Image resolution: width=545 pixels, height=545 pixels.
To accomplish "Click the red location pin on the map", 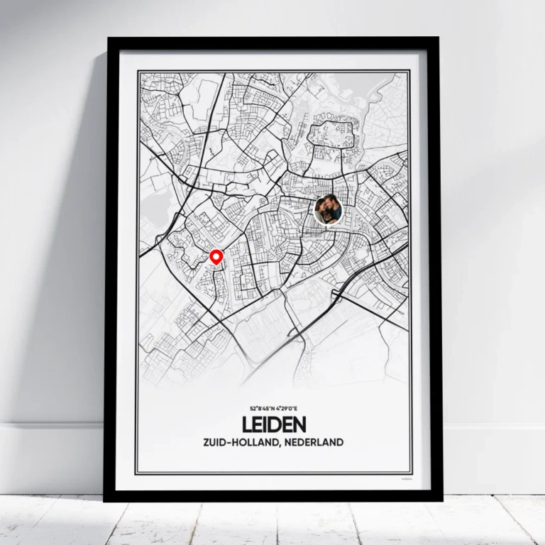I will (216, 257).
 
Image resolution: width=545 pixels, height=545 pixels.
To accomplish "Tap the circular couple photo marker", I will (328, 210).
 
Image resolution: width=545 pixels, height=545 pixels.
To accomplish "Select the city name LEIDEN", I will (274, 425).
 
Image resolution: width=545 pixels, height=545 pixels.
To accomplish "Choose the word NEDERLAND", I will (313, 442).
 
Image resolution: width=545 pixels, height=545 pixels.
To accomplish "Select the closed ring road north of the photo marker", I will (333, 142).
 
